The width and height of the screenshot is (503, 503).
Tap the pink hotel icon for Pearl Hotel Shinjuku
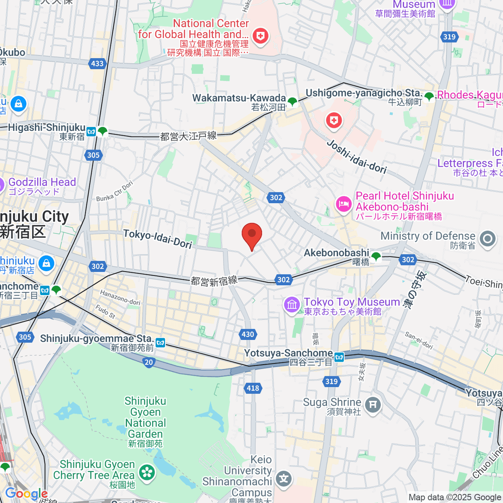343,205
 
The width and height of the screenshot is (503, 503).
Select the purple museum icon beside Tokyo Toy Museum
292,304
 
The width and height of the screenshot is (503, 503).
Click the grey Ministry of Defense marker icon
487,239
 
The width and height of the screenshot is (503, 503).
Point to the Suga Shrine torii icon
373,405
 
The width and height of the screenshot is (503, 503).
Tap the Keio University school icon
284,478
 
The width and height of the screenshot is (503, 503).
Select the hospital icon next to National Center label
260,36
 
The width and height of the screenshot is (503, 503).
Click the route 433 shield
97,63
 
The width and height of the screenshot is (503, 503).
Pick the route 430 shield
248,334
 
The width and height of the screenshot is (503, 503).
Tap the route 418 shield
253,388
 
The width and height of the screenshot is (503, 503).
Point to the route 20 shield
149,363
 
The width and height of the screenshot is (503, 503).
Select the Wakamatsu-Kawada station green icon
292,101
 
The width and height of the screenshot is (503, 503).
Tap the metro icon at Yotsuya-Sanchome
339,357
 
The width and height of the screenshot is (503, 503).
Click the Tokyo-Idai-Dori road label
158,239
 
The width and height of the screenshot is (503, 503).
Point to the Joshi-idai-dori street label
356,157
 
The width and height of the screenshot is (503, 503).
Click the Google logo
26,493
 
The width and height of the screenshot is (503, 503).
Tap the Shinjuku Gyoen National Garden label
145,423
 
